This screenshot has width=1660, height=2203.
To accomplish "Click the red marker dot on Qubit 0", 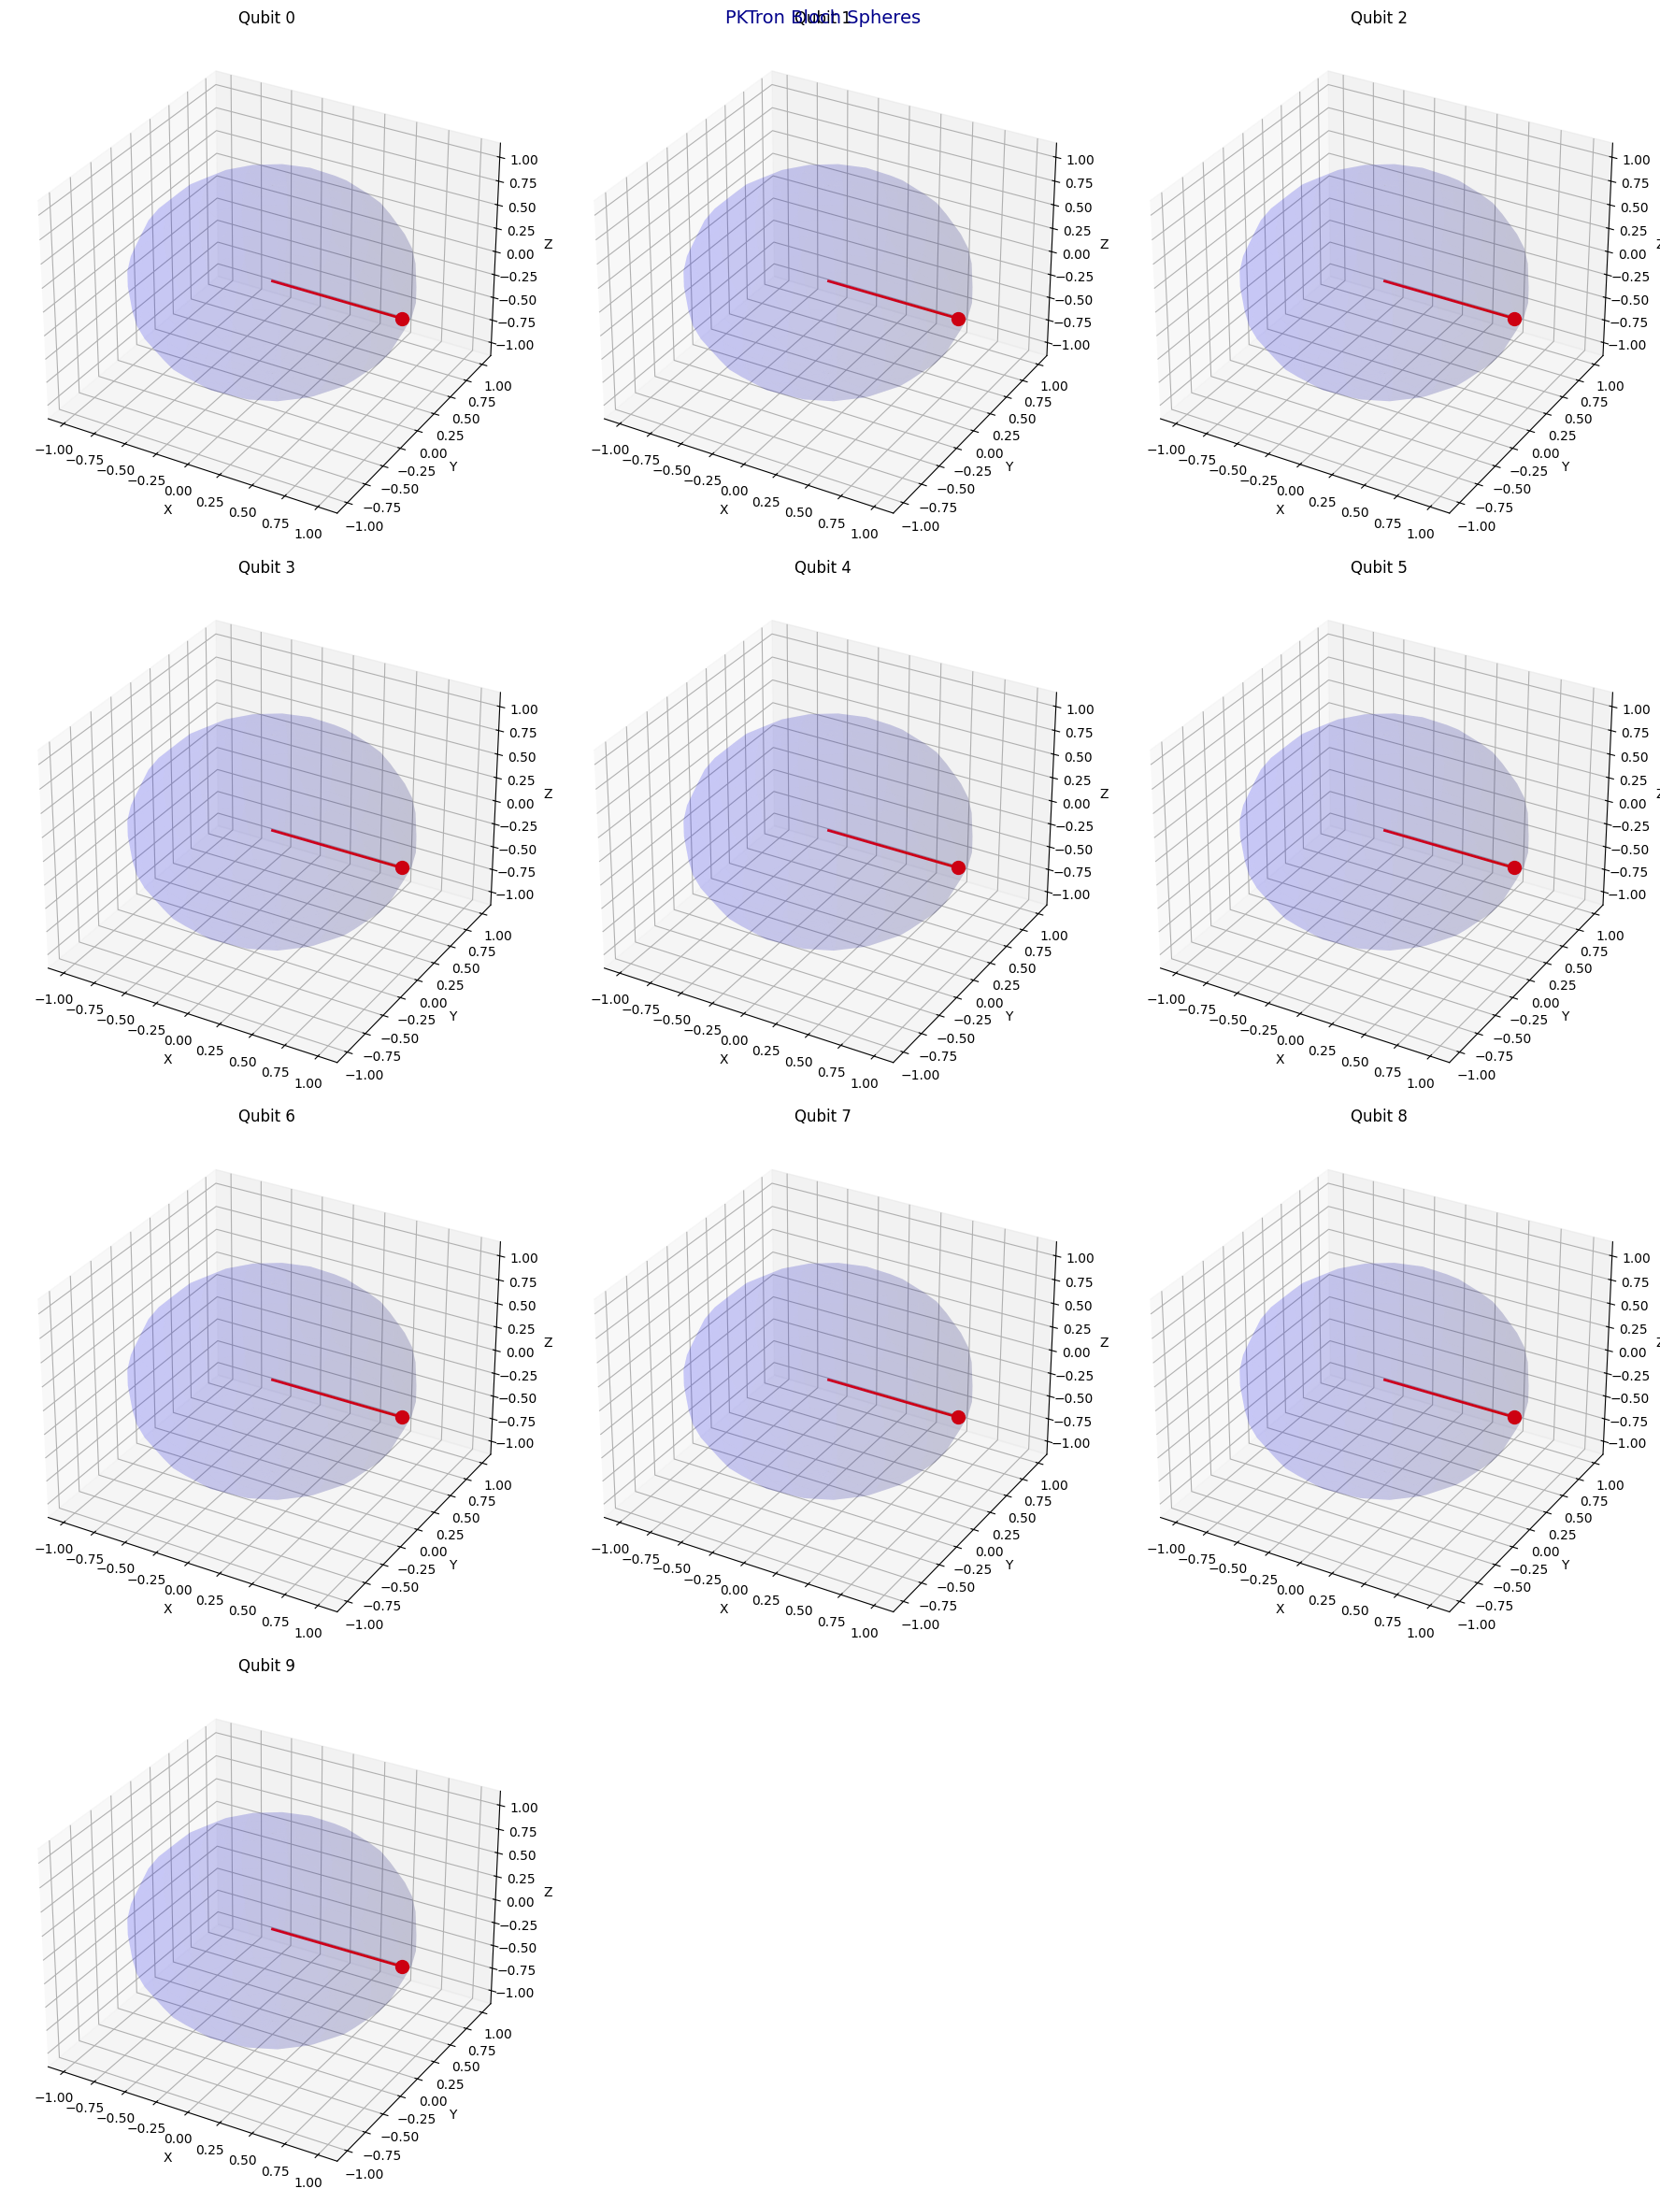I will tap(402, 319).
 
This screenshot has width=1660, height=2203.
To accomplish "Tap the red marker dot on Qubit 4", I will tap(958, 867).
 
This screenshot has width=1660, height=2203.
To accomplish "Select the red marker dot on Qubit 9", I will tap(402, 1967).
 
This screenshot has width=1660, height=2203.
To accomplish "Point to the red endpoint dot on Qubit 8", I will tap(1514, 1417).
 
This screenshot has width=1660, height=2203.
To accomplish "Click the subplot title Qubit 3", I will tap(265, 566).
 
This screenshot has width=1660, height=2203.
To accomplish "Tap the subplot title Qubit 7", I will tap(823, 1115).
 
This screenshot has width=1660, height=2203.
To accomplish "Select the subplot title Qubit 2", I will tap(1378, 17).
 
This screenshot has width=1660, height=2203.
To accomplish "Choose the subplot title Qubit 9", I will tap(265, 1666).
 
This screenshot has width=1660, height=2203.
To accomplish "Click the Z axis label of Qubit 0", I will tap(548, 244).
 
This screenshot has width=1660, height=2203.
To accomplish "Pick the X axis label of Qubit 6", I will tap(167, 1609).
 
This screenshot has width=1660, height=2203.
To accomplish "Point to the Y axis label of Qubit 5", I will tap(1566, 1016).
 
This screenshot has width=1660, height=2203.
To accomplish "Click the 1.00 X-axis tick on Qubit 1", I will tap(865, 534).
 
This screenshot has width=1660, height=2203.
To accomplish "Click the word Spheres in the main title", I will tap(884, 18).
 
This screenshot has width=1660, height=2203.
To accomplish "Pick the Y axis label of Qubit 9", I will tap(453, 2114).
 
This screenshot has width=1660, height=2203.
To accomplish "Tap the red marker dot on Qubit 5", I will tap(1514, 867).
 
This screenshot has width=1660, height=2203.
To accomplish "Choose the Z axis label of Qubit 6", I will tap(548, 1342).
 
